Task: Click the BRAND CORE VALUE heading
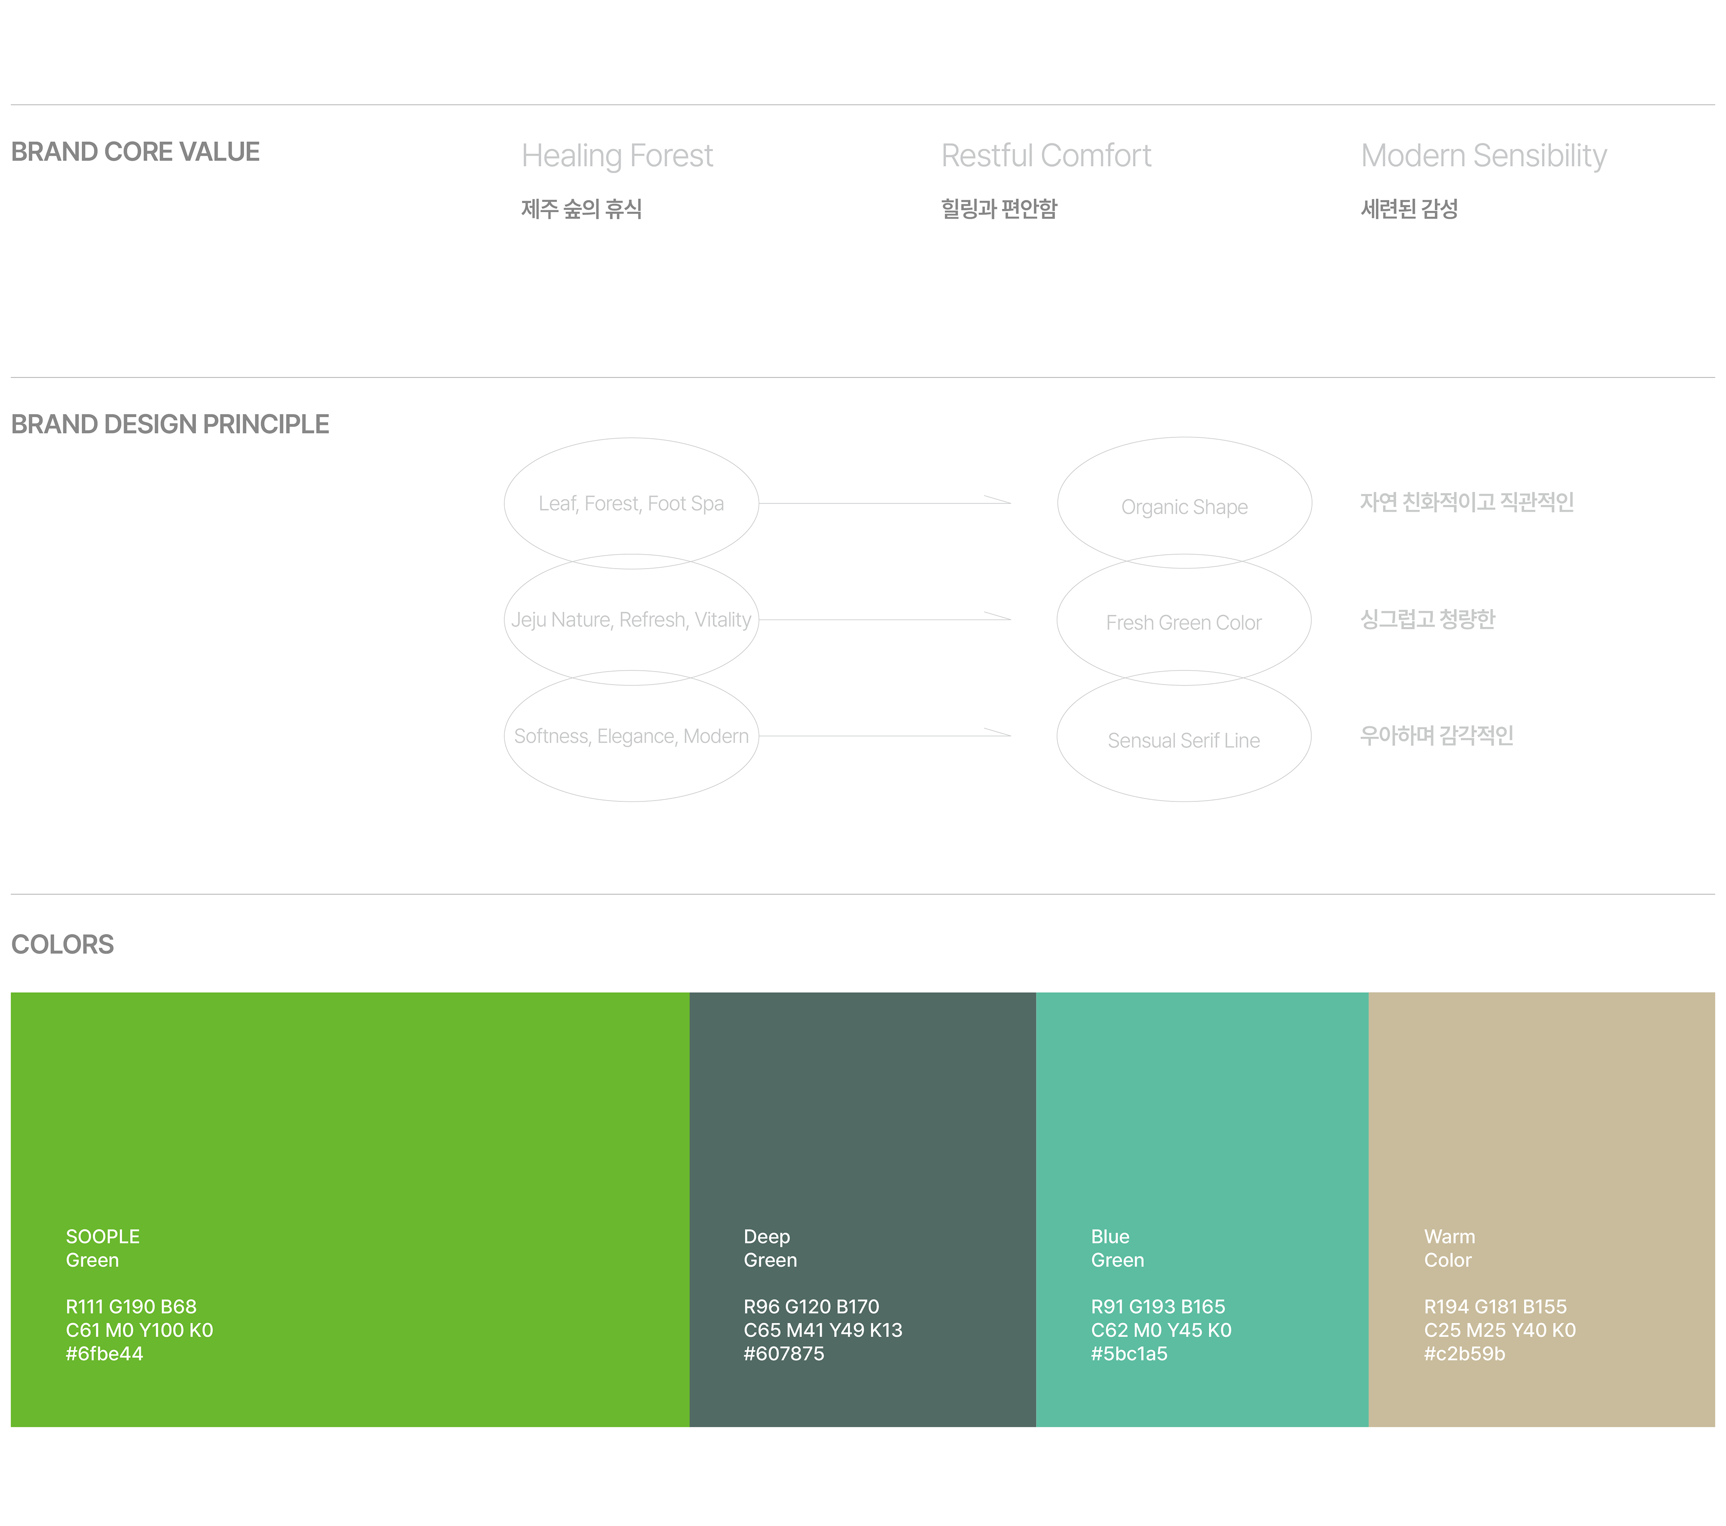135,152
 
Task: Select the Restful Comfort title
1046,156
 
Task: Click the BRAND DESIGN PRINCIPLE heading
170,424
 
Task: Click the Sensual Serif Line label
1184,741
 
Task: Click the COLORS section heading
62,944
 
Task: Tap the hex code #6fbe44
105,1354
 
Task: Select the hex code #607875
783,1354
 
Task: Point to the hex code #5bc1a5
1129,1354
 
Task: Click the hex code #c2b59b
1464,1354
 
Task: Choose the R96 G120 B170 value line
811,1307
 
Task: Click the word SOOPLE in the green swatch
103,1237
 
